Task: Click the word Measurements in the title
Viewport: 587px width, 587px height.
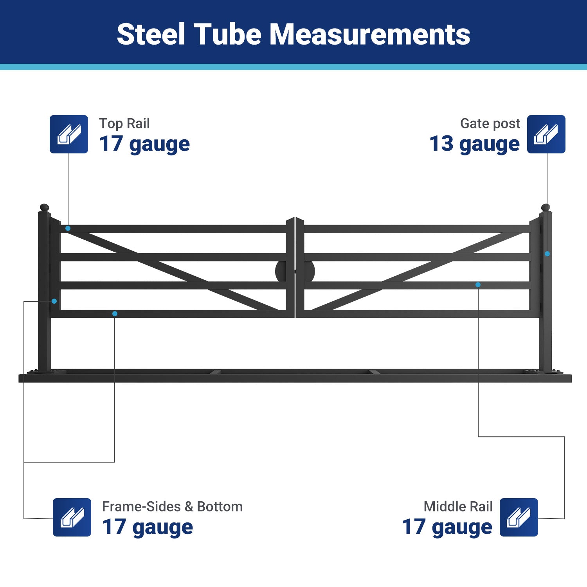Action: click(x=370, y=34)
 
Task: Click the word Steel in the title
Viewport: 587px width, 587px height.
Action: click(x=151, y=34)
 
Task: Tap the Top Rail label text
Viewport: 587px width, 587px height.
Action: click(x=124, y=123)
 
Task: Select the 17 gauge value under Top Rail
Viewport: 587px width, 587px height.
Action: click(x=144, y=144)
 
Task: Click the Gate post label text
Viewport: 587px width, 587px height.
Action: click(x=490, y=123)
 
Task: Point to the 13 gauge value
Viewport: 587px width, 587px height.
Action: click(x=474, y=144)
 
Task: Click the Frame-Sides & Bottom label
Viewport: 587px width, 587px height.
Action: click(x=172, y=506)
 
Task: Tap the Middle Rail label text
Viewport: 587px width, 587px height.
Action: click(x=458, y=506)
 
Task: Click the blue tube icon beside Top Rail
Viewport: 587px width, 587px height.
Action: click(x=69, y=134)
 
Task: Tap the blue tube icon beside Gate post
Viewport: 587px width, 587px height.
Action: click(x=546, y=134)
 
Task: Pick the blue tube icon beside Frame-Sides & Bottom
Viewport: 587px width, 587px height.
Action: click(x=72, y=517)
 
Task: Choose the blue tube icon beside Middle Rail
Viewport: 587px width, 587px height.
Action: click(x=519, y=517)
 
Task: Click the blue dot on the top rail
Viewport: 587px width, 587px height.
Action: click(x=68, y=228)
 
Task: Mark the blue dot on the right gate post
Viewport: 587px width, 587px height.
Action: click(x=547, y=254)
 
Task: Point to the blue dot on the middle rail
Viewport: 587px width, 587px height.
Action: click(x=478, y=285)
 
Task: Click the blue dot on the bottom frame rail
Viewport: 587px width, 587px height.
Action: click(x=115, y=314)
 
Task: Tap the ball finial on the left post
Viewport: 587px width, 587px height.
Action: click(x=44, y=207)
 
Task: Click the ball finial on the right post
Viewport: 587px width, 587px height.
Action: click(x=546, y=207)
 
